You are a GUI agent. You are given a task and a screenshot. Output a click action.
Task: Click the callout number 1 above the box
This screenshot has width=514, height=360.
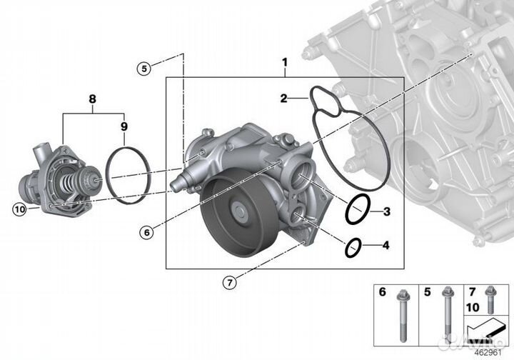pos(284,62)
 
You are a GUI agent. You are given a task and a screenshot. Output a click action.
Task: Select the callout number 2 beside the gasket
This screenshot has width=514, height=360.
pos(283,99)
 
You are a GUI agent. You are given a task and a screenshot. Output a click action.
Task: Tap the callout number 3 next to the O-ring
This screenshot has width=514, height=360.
pos(385,211)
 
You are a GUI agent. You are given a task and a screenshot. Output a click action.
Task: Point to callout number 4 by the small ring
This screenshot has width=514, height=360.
pos(385,246)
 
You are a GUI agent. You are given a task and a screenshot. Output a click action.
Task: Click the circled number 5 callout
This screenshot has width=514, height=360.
pos(144,69)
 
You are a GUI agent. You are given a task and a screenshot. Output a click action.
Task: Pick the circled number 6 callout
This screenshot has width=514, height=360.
pos(146,232)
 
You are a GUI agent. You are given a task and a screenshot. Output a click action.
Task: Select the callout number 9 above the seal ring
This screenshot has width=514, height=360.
pos(124,126)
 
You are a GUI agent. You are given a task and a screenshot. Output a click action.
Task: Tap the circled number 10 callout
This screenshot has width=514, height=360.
pos(19,209)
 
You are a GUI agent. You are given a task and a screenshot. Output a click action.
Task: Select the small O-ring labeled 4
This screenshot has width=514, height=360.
pos(353,248)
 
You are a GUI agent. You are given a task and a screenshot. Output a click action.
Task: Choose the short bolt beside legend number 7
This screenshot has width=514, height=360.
pos(490,297)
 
